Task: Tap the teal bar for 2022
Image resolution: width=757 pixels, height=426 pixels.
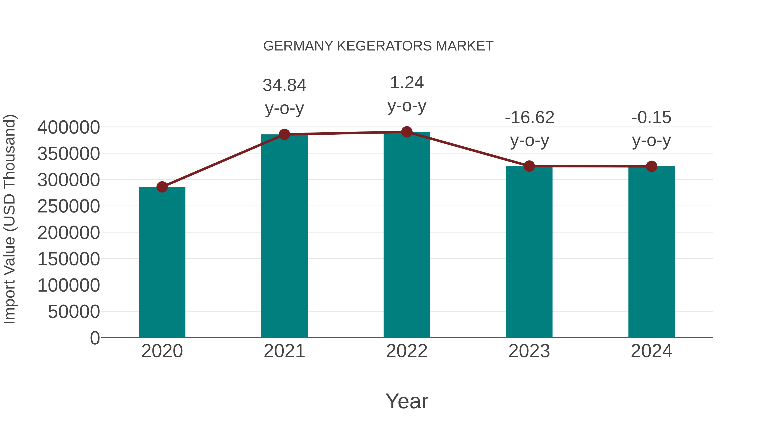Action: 406,235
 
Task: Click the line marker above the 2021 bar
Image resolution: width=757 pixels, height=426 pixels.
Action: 284,134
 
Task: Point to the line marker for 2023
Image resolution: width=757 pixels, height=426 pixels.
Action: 529,166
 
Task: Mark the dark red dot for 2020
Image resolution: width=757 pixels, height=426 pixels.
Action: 162,187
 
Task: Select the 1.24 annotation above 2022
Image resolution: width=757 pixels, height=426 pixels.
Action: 406,83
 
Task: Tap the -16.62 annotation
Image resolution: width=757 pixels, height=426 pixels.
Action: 529,118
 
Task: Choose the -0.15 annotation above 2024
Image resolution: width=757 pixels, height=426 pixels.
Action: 651,118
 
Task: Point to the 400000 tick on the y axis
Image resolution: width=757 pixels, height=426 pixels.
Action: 69,128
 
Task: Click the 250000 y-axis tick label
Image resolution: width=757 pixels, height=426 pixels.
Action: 69,206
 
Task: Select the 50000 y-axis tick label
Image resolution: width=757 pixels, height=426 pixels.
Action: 74,312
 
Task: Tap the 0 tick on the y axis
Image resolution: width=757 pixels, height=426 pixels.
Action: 95,338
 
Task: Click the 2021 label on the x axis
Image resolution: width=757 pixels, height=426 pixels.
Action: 284,351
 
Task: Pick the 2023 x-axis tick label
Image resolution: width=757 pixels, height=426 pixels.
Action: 529,351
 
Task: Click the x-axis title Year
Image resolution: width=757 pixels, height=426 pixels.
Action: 406,401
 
